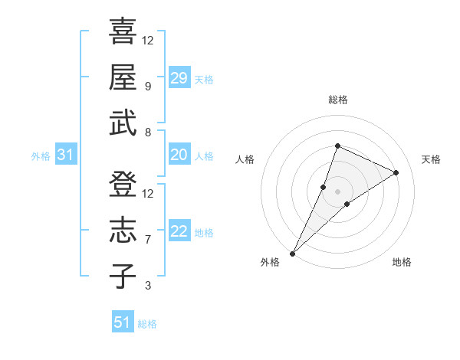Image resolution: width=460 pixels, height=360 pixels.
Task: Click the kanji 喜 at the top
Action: click(x=123, y=32)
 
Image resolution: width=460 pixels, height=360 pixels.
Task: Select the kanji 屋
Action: click(x=123, y=77)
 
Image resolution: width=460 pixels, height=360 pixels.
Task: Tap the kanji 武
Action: click(x=123, y=123)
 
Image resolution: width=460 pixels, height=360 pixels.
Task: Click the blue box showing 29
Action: click(x=179, y=78)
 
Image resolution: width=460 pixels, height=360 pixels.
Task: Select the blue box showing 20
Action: click(x=179, y=155)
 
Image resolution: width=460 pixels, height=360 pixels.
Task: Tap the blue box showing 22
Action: click(x=179, y=231)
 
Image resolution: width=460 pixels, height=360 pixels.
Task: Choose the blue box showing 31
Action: click(x=66, y=155)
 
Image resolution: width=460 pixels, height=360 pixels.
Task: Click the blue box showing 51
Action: click(x=123, y=322)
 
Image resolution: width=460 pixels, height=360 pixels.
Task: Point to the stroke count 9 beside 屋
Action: click(x=147, y=87)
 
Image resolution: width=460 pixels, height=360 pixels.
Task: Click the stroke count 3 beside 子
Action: click(x=147, y=286)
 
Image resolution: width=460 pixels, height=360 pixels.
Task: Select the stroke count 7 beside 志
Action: click(x=147, y=240)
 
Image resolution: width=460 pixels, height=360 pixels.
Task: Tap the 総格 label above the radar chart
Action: click(x=338, y=100)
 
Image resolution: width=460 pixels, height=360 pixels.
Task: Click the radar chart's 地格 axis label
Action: click(x=402, y=262)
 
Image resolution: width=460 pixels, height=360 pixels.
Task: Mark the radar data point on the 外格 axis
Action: click(x=292, y=253)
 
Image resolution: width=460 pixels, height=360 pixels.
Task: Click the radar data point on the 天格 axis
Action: click(x=396, y=172)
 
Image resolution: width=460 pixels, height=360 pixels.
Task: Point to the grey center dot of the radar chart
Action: click(x=338, y=191)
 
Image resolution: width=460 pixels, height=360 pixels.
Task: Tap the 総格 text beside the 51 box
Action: click(x=147, y=324)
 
